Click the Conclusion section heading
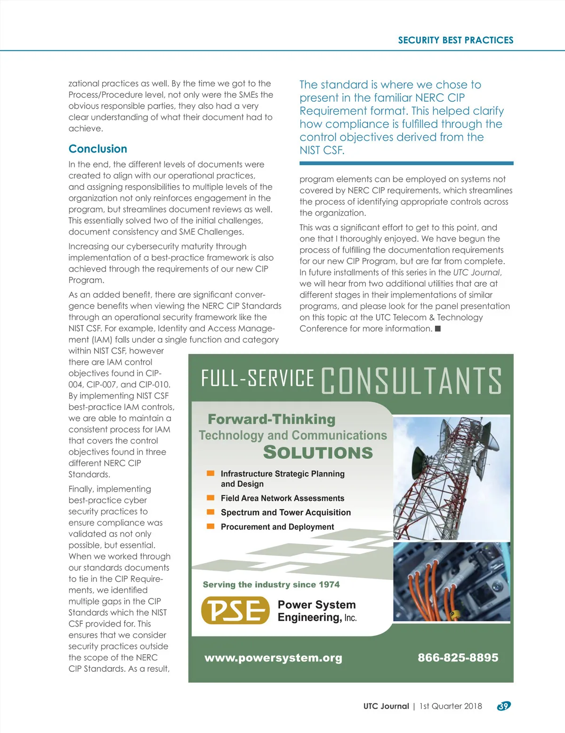pos(98,149)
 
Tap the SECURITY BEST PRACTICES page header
pos(455,40)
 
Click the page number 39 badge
pos(503,706)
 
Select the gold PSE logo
pos(235,610)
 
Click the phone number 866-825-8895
pos(458,658)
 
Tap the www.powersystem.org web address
pos(273,658)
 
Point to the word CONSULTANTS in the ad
pos(411,380)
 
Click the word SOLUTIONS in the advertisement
pos(318,452)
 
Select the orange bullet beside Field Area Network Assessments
pos(211,498)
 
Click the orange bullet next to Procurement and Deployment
pos(211,526)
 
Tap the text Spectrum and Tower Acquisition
pos(286,512)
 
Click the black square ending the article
pos(437,329)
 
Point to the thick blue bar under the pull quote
pos(406,163)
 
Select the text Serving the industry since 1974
pos(271,585)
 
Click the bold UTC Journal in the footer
pos(386,706)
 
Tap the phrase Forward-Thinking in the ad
pos(272,419)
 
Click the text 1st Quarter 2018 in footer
pos(451,706)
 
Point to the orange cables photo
pos(451,582)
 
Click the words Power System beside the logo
pos(316,604)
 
